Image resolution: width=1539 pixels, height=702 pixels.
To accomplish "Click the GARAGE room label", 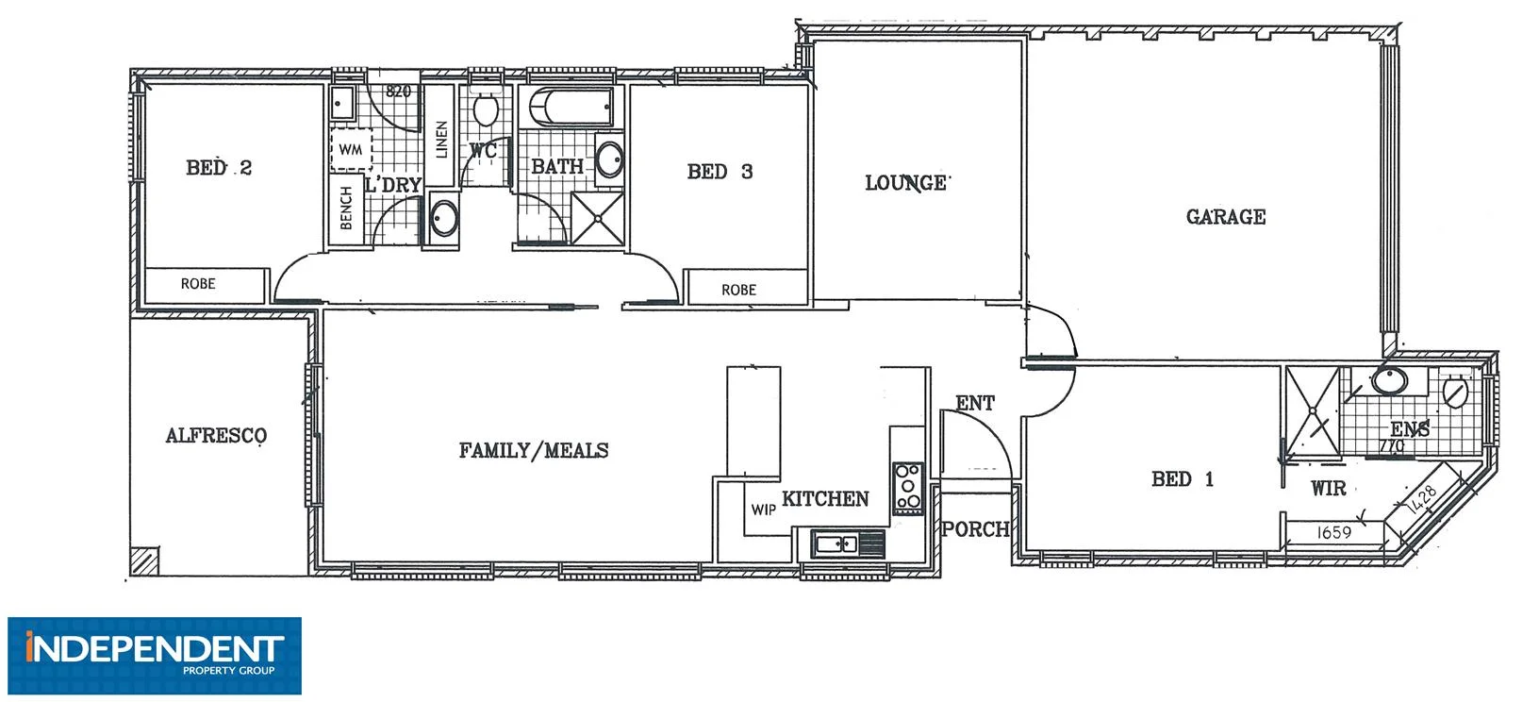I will (x=1225, y=217).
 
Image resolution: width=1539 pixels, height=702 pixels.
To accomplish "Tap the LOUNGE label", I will (x=905, y=183).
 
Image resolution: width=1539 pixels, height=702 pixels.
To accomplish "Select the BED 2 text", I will (x=219, y=168).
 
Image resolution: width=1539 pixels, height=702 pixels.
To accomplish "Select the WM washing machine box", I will (x=351, y=150).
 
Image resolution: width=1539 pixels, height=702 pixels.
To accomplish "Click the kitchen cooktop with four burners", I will (x=908, y=488).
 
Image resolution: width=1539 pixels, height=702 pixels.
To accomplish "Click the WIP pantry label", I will (x=763, y=510).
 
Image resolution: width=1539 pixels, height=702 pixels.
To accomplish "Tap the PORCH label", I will (x=975, y=529).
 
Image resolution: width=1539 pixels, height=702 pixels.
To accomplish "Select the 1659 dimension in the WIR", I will (x=1333, y=532).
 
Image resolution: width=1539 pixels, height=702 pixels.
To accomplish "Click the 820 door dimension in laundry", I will (x=399, y=92).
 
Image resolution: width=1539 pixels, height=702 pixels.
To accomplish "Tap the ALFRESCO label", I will (x=216, y=436).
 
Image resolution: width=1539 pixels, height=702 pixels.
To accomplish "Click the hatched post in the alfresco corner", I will (x=144, y=561).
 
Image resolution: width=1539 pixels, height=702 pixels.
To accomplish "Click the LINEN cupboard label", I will (x=440, y=140).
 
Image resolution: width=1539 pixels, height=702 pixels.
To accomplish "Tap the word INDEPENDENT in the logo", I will (x=155, y=648).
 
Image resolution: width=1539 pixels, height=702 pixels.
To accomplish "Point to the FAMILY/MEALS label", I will (x=533, y=451).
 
